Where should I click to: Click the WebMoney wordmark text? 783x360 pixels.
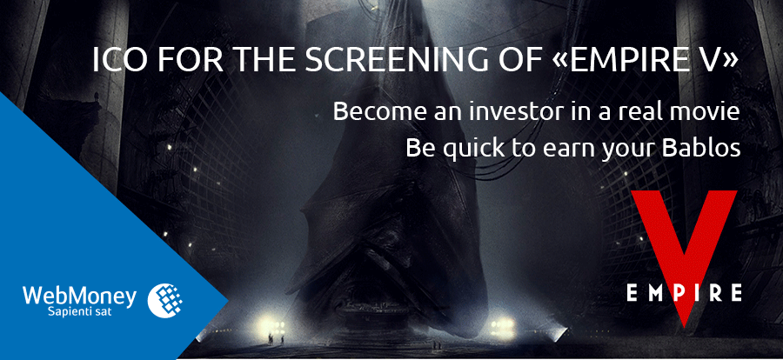[79, 297]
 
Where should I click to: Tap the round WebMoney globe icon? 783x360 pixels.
[165, 301]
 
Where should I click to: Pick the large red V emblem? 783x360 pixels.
[684, 255]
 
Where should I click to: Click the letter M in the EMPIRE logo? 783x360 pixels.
[653, 292]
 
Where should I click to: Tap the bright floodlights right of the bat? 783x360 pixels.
[502, 325]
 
